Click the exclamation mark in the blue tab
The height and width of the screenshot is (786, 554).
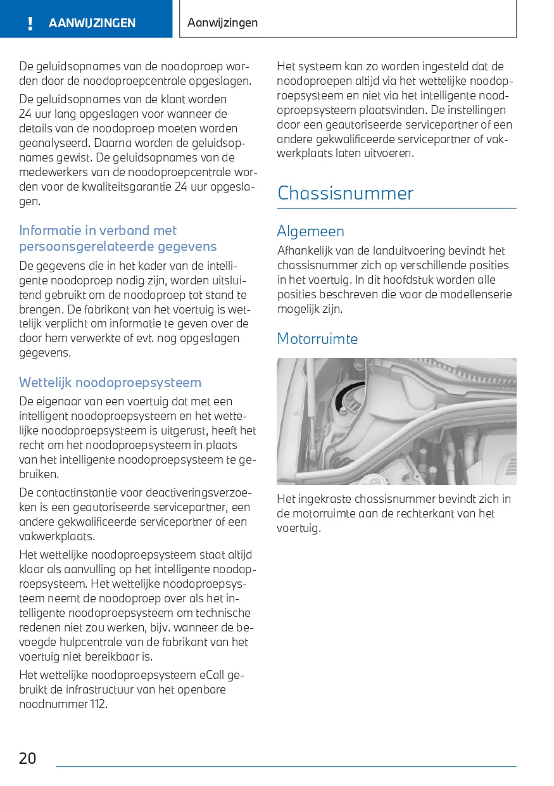(x=30, y=24)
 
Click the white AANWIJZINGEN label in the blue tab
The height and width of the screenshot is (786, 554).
(x=92, y=23)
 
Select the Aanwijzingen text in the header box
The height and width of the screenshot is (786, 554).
(x=223, y=23)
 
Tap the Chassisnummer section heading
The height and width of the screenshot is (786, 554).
(x=345, y=193)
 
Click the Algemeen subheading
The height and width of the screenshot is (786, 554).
(x=310, y=231)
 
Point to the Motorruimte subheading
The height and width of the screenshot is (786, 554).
(x=317, y=339)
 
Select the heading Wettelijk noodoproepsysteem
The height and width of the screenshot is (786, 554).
(x=110, y=383)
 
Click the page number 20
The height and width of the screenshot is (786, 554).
(x=28, y=758)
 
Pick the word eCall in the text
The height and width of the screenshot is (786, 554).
(x=212, y=675)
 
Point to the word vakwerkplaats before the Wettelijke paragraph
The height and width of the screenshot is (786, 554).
(x=56, y=536)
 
